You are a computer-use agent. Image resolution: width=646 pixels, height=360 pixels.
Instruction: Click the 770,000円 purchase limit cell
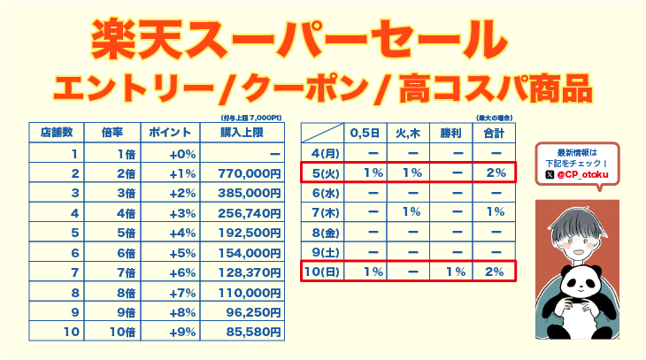point(247,172)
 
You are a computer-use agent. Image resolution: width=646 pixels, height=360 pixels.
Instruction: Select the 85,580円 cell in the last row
point(247,332)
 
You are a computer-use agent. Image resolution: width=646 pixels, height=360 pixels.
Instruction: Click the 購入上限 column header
point(247,133)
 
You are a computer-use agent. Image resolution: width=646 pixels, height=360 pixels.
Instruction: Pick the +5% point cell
point(181,252)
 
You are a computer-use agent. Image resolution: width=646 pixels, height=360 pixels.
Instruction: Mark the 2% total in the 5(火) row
point(494,172)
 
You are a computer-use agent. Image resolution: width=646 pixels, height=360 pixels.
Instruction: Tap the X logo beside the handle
point(550,175)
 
